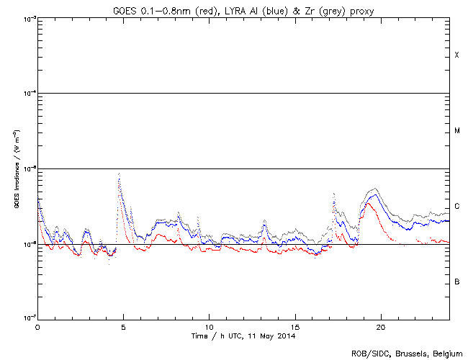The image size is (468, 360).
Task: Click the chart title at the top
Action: (x=244, y=9)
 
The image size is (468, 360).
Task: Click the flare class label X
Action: (x=456, y=55)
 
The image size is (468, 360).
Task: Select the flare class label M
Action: (x=456, y=131)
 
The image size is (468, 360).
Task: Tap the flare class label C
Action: (x=456, y=207)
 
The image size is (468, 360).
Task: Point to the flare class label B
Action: (x=456, y=282)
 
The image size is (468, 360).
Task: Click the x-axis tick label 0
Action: (x=37, y=326)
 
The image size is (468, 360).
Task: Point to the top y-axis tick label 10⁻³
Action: (x=27, y=18)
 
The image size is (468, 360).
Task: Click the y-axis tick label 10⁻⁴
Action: (x=27, y=94)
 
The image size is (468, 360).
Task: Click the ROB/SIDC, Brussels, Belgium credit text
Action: (x=407, y=354)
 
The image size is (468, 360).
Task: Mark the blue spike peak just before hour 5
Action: (x=119, y=174)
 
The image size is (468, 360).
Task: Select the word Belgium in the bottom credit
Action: (x=447, y=354)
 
